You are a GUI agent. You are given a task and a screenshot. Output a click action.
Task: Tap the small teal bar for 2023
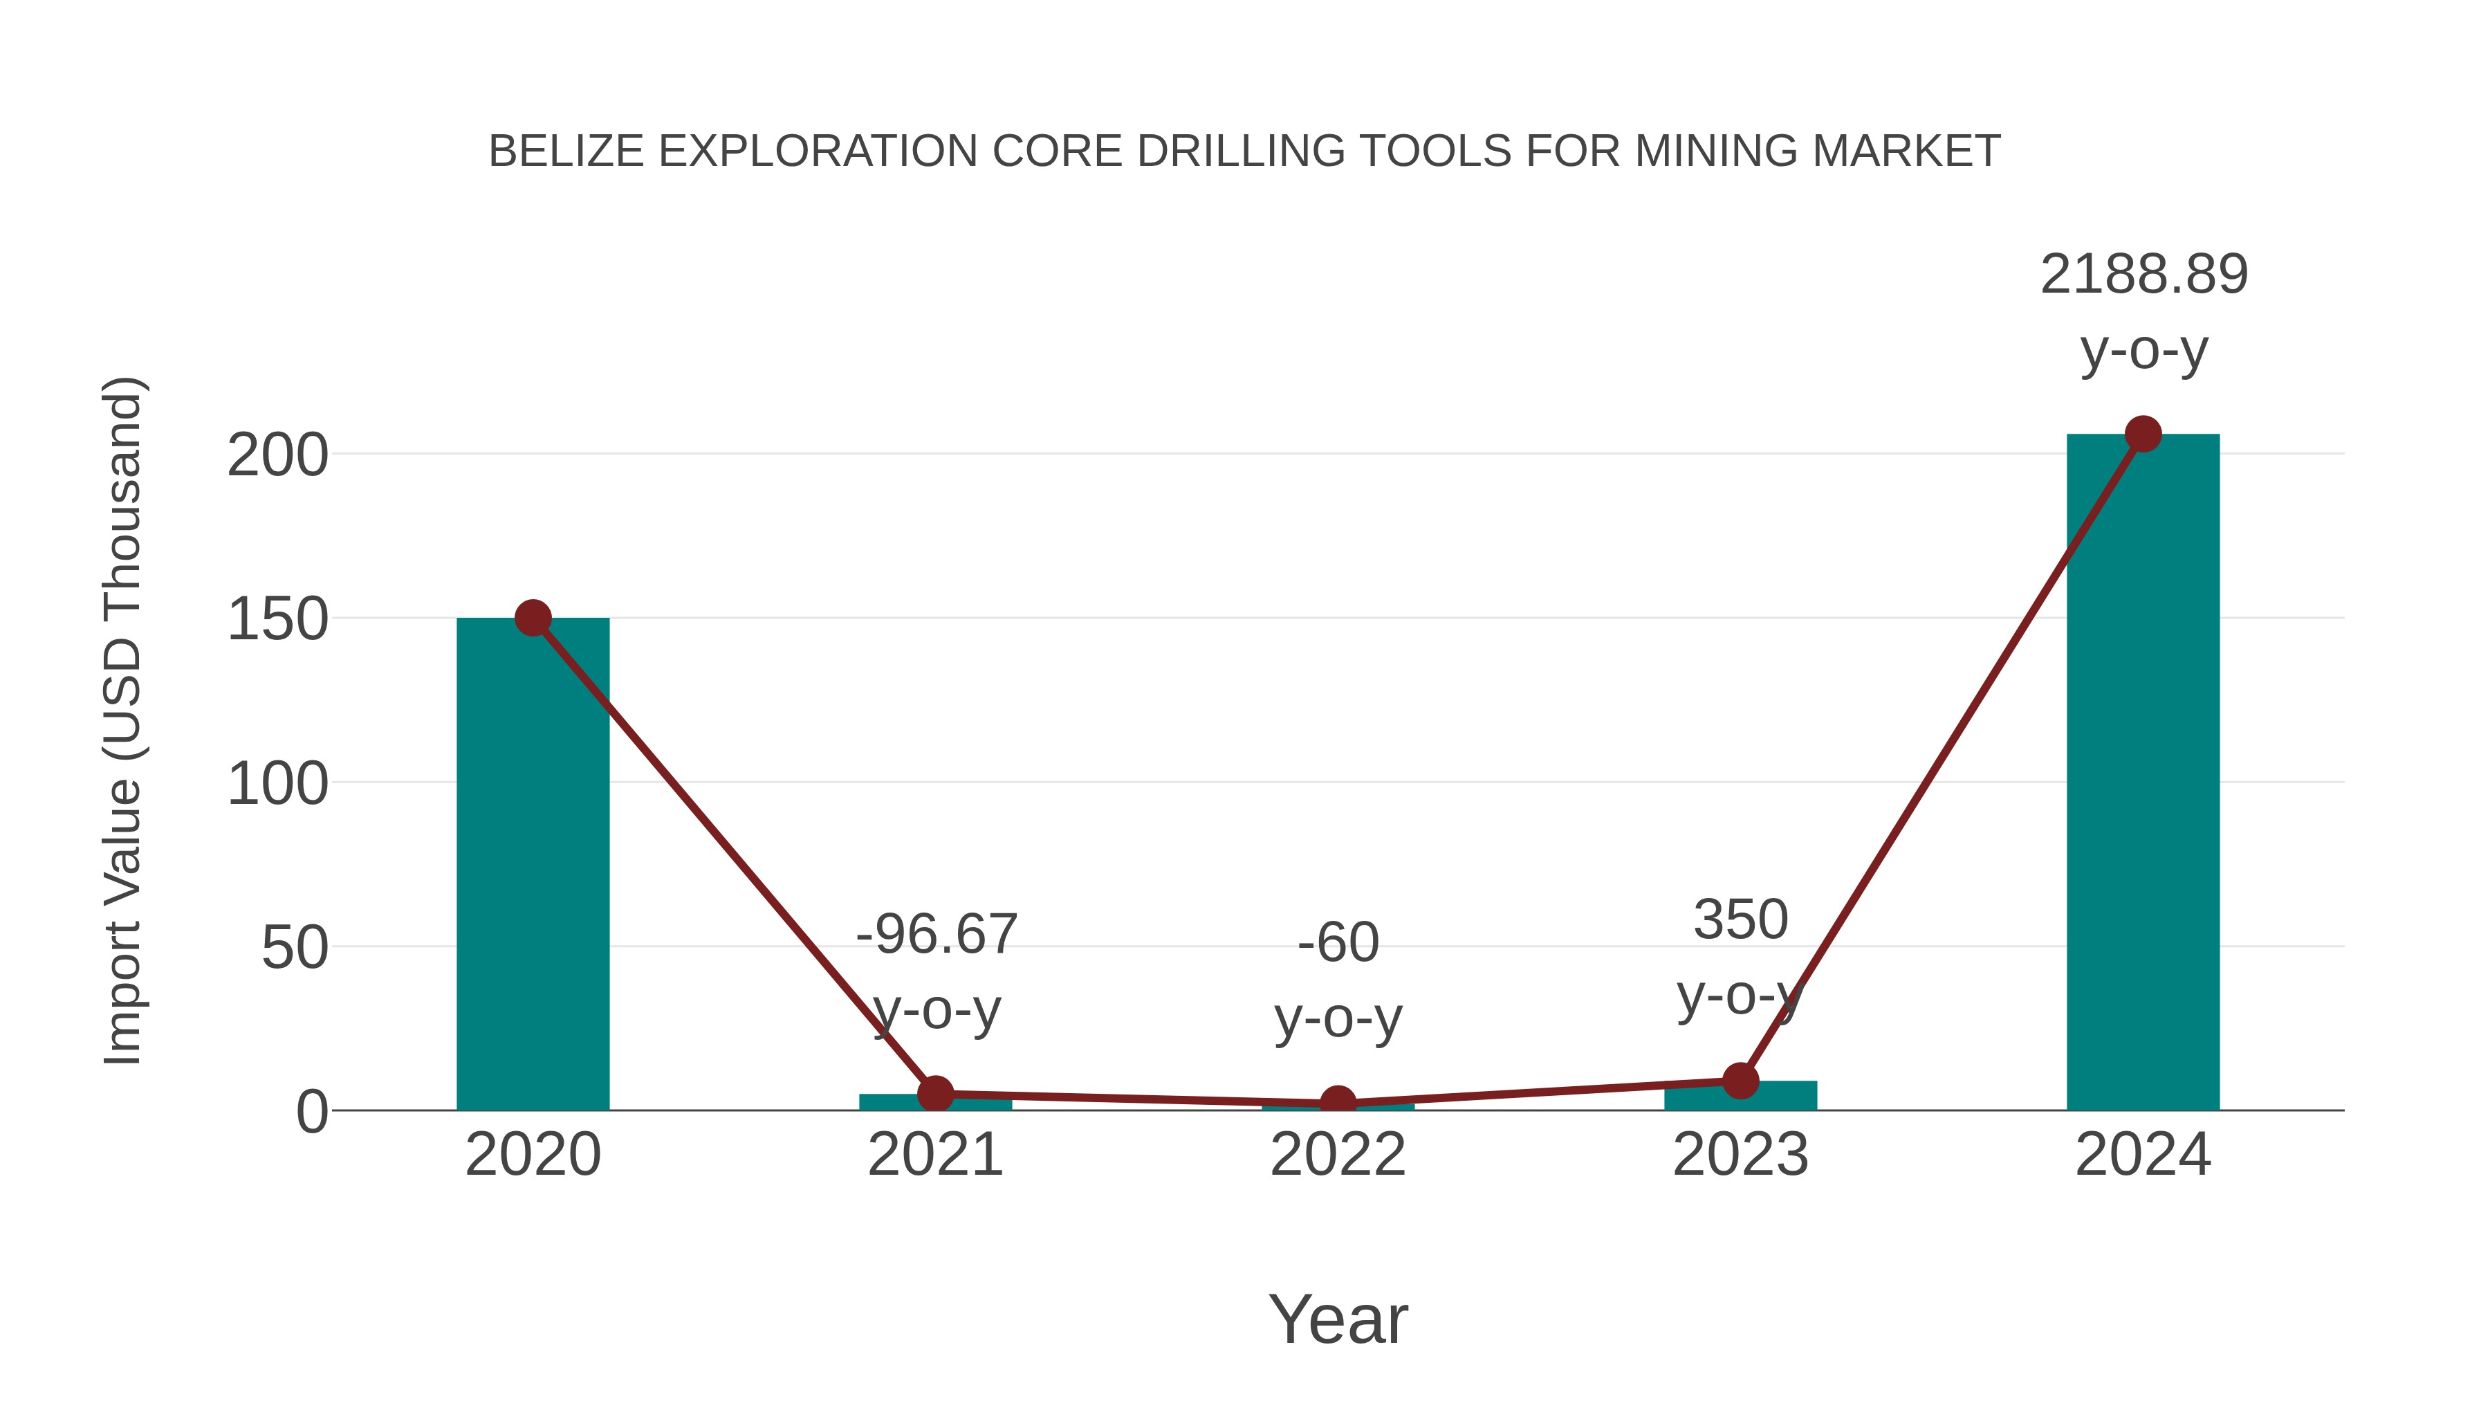click(x=1778, y=1097)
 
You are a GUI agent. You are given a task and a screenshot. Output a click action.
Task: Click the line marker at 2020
click(x=533, y=618)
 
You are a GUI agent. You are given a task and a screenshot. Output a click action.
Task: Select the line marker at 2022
click(x=1338, y=1104)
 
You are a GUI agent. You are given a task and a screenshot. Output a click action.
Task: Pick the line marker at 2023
click(x=1740, y=1081)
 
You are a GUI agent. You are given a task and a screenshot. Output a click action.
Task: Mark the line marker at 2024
click(x=2143, y=434)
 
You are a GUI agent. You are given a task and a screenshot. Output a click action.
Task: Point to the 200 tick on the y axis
click(x=277, y=455)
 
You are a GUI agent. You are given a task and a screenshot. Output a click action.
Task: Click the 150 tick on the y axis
click(x=277, y=620)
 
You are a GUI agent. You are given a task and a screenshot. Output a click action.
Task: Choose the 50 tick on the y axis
click(x=294, y=949)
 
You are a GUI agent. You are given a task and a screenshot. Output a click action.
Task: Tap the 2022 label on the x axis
click(x=1338, y=1155)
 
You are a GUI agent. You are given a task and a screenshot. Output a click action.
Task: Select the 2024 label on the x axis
click(x=2143, y=1155)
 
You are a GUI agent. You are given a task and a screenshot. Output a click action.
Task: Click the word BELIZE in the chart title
click(x=566, y=152)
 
